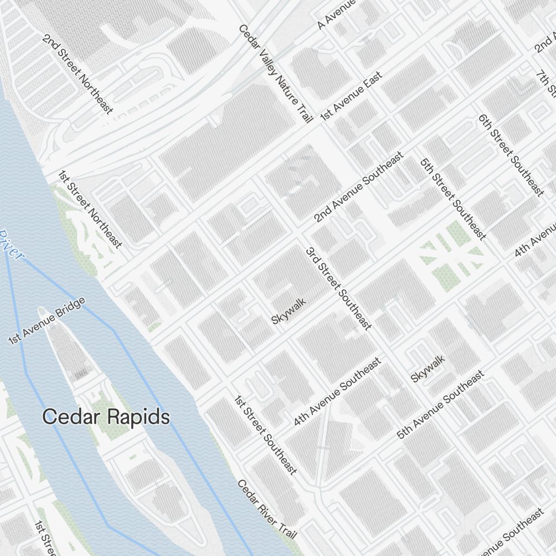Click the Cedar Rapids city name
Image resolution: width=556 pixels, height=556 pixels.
click(x=106, y=416)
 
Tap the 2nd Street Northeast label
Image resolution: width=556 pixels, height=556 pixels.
click(x=78, y=75)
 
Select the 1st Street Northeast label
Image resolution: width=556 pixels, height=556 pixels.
click(x=90, y=209)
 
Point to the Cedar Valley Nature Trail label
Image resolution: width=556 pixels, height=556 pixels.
click(x=276, y=73)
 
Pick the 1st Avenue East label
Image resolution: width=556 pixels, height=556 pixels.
click(x=351, y=96)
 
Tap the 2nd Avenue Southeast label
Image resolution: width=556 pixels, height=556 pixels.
click(x=358, y=188)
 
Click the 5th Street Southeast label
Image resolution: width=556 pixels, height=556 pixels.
click(x=453, y=199)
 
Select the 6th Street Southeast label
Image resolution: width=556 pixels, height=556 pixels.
click(x=511, y=155)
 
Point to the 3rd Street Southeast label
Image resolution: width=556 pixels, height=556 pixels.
click(x=338, y=288)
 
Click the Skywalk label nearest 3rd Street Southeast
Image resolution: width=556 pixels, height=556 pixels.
click(x=289, y=311)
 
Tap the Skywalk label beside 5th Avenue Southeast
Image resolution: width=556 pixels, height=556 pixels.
click(x=428, y=369)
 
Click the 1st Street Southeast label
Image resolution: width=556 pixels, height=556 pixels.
click(x=265, y=435)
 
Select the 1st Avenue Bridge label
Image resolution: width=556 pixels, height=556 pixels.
click(x=47, y=321)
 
